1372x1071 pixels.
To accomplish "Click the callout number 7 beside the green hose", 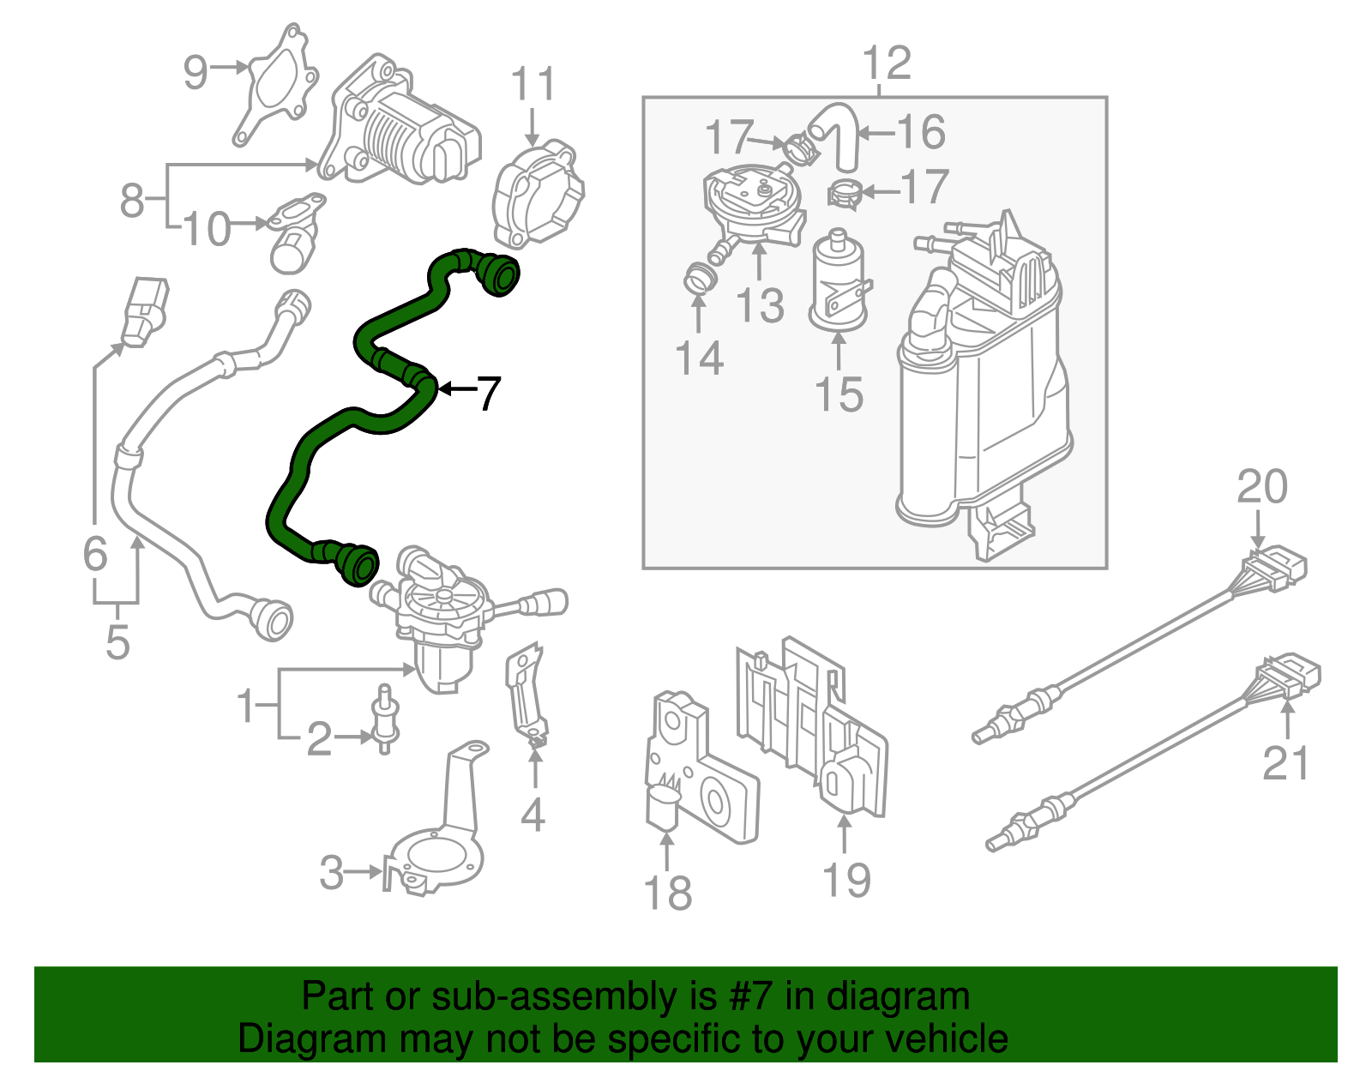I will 488,394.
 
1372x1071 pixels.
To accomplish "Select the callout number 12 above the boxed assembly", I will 886,63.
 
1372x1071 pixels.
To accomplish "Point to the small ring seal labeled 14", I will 701,280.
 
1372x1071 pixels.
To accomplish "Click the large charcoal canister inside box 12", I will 982,386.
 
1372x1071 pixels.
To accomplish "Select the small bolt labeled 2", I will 384,720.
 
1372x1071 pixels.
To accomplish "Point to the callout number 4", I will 533,815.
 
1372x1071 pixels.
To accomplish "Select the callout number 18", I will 668,893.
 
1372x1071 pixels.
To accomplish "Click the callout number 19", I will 846,881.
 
